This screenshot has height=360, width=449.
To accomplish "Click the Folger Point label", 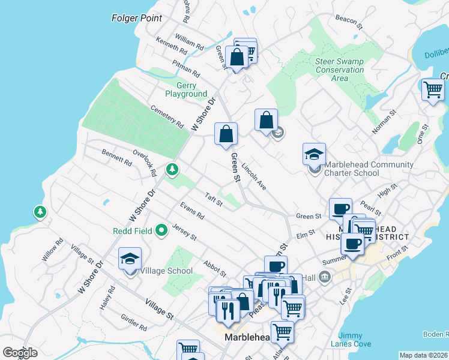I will [137, 18].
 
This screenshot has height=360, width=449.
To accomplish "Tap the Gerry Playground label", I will [186, 90].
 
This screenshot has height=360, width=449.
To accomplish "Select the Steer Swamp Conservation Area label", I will [340, 70].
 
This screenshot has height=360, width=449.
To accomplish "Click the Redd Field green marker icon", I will [161, 230].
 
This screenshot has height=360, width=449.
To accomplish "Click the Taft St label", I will [214, 199].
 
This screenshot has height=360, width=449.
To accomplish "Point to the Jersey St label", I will [184, 232].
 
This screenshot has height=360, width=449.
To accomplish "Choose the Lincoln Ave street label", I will [256, 176].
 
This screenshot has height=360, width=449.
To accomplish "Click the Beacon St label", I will [349, 23].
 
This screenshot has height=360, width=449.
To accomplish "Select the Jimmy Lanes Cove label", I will [350, 340].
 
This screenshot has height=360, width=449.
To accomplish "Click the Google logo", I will [20, 353].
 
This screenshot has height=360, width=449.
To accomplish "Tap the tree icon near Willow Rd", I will [40, 212].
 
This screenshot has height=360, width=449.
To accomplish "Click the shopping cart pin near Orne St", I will [433, 90].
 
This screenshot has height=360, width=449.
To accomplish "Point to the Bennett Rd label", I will [116, 157].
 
